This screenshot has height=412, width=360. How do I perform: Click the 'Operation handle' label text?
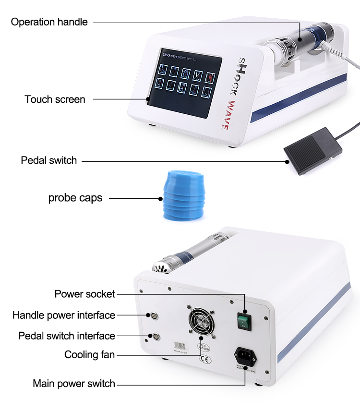pyautogui.click(x=49, y=22)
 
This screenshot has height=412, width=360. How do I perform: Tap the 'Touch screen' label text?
pyautogui.click(x=55, y=99)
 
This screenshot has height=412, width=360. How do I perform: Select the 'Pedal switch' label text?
pyautogui.click(x=48, y=160)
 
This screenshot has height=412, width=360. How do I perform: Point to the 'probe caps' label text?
pyautogui.click(x=75, y=198)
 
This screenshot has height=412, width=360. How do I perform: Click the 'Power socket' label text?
pyautogui.click(x=84, y=294)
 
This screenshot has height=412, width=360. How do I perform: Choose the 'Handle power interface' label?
pyautogui.click(x=63, y=315)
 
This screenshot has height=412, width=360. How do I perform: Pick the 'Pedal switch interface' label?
pyautogui.click(x=66, y=336)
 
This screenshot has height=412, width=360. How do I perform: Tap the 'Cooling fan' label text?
pyautogui.click(x=89, y=355)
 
